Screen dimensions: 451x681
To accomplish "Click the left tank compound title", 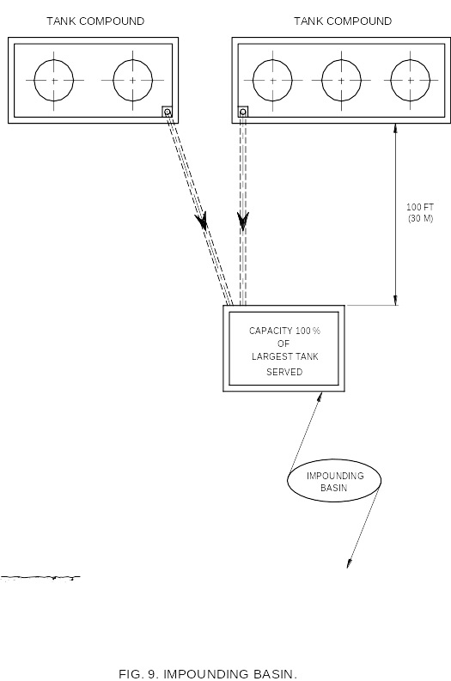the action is coord(95,21).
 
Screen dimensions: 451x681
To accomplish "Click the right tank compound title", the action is coord(343,21).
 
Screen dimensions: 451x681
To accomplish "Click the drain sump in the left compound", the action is coord(168,112).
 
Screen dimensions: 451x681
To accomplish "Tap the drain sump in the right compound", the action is coord(243,112).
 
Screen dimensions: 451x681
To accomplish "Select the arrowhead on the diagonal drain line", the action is coord(202,220).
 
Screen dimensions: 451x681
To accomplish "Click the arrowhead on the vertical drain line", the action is coord(243,221).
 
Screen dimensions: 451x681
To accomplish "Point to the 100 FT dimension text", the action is coord(420,207).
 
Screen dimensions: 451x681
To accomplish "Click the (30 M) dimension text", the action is coord(421,218).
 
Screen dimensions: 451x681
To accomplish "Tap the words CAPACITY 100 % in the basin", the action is coord(284,331).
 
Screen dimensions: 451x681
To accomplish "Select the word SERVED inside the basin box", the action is coord(284,372).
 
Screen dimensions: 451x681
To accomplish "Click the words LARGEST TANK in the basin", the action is coord(285,356).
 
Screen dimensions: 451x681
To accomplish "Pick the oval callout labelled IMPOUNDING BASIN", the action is coord(288,480).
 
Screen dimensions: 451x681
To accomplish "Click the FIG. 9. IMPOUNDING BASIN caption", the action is coord(208,673).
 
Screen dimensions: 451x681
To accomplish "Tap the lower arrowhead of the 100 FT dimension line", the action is coord(395,300).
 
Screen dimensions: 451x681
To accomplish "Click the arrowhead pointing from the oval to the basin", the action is coord(320,398).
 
